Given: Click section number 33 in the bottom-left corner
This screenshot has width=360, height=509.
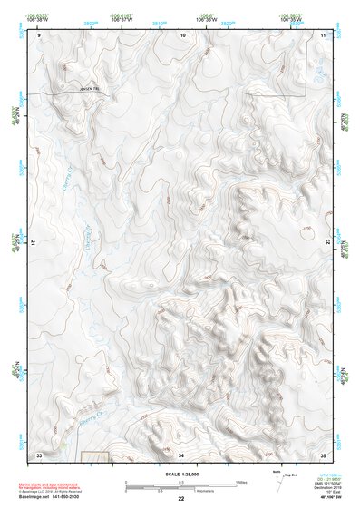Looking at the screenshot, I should pyautogui.click(x=39, y=454).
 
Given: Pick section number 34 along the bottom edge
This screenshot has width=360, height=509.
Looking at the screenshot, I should pyautogui.click(x=181, y=454).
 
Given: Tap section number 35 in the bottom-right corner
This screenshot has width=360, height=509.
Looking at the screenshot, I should pyautogui.click(x=324, y=454).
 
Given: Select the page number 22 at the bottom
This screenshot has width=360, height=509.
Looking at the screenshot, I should pyautogui.click(x=180, y=499).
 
